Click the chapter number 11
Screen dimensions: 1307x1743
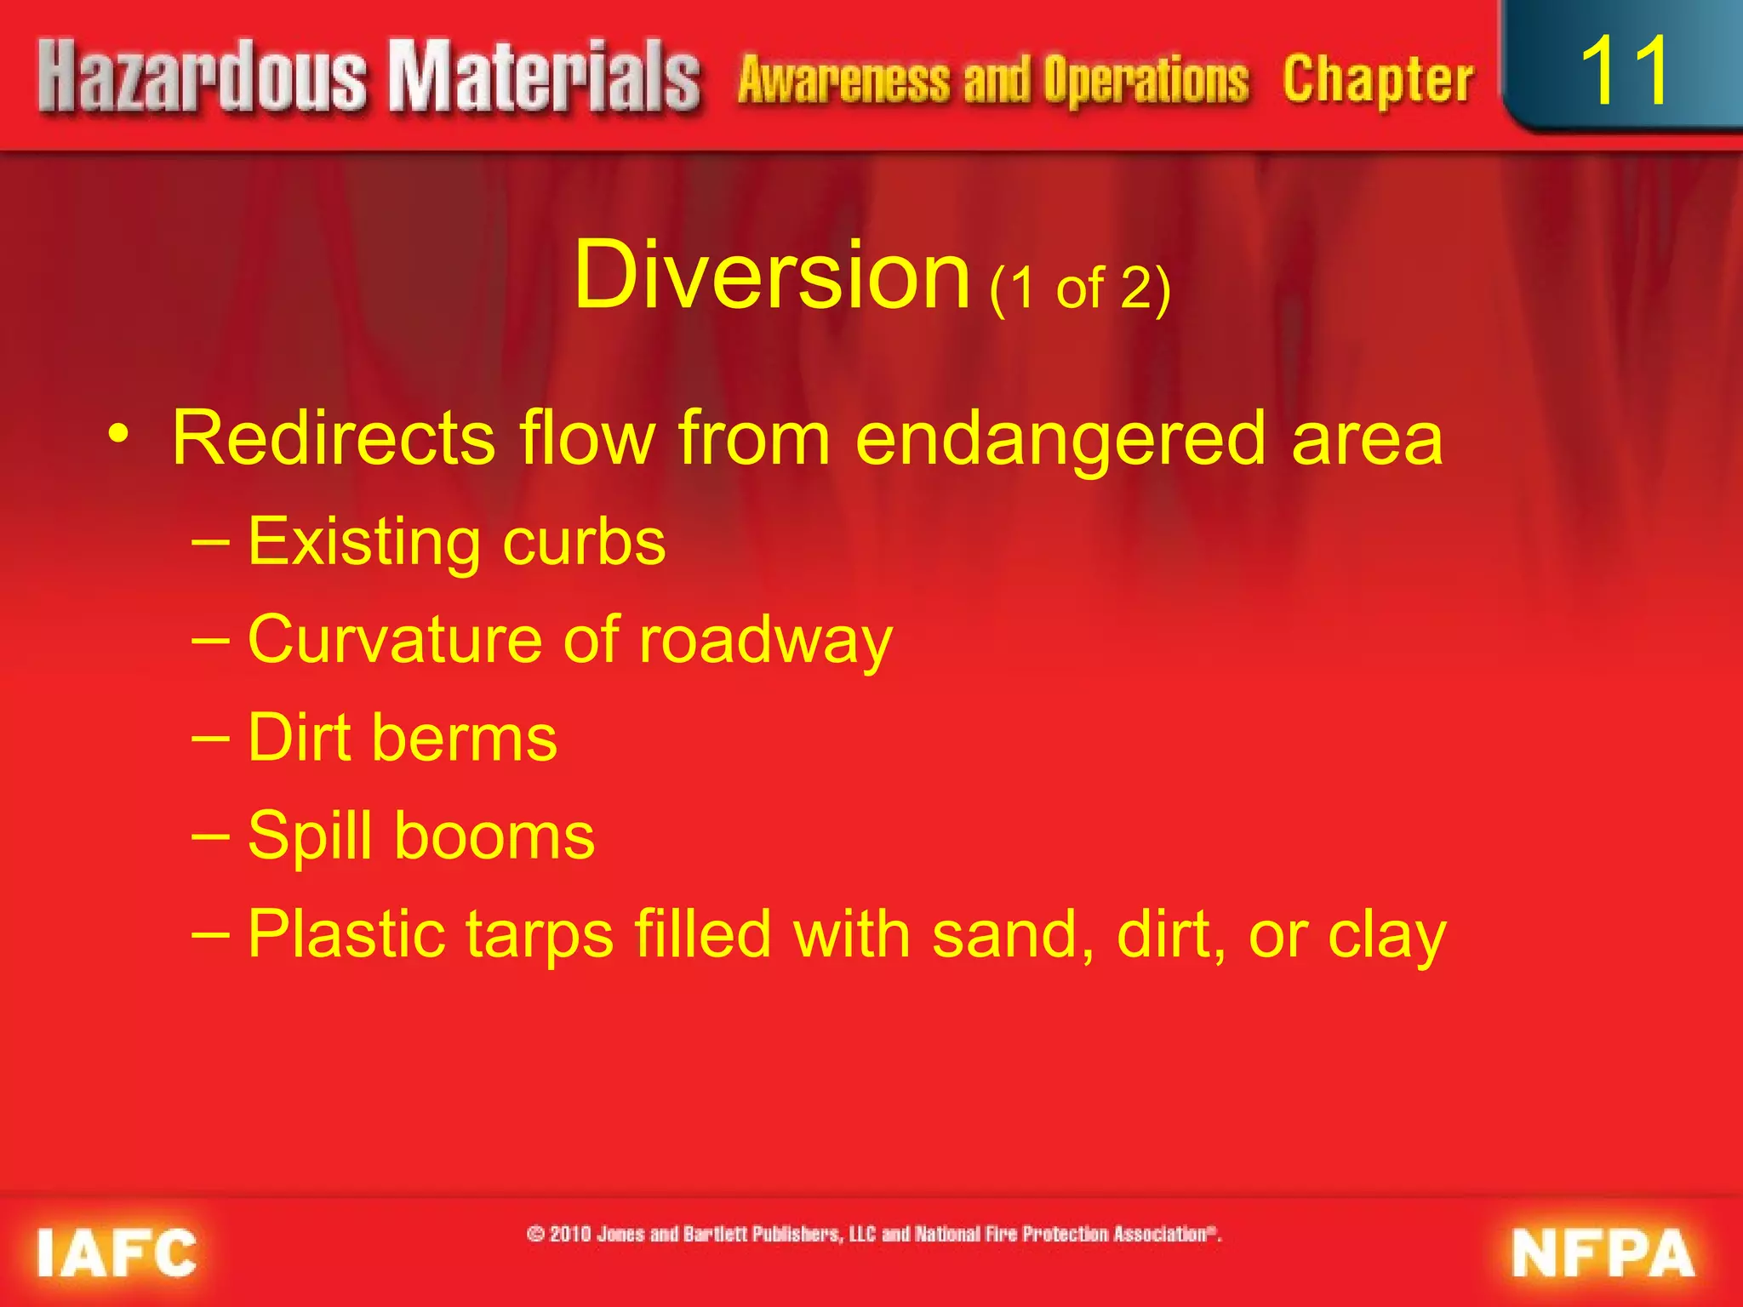1624,71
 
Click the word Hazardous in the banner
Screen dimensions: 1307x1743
203,78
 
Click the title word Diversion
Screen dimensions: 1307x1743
771,276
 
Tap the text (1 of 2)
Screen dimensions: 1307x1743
1079,289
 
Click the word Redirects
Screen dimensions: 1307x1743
333,439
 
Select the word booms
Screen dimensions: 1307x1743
494,836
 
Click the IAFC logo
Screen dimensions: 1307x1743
117,1253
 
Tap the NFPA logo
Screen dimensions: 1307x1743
1603,1253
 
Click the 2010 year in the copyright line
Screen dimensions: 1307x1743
570,1235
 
